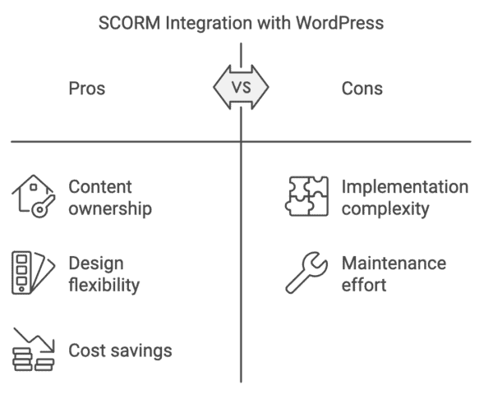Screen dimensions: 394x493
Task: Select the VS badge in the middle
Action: tap(241, 87)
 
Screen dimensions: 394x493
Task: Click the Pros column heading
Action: tap(86, 88)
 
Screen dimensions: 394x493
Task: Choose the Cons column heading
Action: tap(362, 88)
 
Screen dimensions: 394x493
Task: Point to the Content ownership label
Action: tap(109, 198)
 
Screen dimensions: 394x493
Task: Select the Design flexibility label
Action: tap(104, 274)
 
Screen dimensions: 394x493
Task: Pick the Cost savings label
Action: tap(120, 350)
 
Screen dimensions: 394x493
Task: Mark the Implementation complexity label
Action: tap(404, 198)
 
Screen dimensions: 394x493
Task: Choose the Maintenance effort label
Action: tap(394, 274)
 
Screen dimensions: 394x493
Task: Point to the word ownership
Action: tap(109, 208)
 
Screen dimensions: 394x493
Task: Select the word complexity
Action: tap(385, 208)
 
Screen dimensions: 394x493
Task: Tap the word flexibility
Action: tap(104, 285)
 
